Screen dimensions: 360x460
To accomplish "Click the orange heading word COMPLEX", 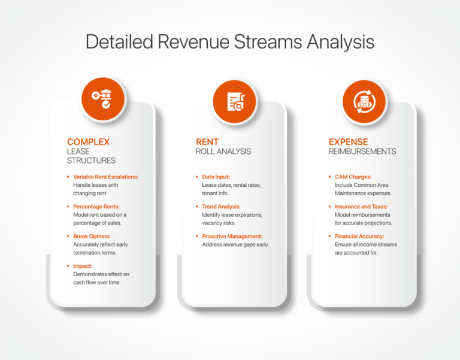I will [x=88, y=142].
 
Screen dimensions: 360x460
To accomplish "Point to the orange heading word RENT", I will [x=207, y=142].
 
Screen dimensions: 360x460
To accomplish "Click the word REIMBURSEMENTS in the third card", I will [x=362, y=152].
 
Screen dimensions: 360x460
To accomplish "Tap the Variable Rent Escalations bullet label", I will [x=105, y=177].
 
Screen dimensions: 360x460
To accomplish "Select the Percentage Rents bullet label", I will [x=96, y=207].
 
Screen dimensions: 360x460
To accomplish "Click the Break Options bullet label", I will [x=92, y=236].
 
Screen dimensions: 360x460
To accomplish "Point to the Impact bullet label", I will [x=83, y=266].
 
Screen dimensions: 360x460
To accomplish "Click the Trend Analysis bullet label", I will [x=221, y=207].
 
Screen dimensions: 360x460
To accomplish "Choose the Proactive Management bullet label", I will [x=232, y=236].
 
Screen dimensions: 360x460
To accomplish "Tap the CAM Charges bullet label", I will [x=353, y=177].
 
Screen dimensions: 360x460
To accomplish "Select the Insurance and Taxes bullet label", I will [x=361, y=207].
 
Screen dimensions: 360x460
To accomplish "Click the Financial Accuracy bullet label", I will [x=359, y=236].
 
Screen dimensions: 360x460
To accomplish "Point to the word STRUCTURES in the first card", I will [x=91, y=161].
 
